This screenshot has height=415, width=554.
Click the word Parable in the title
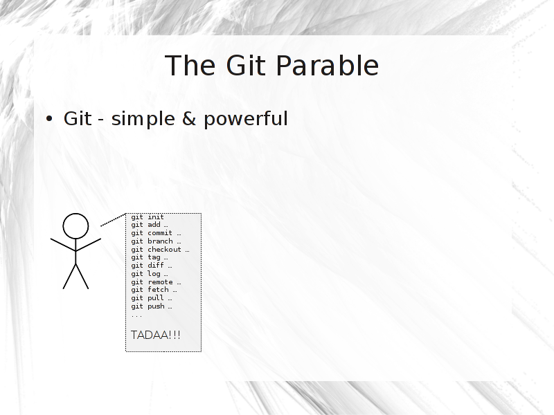(327, 66)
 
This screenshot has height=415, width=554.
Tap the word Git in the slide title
(246, 66)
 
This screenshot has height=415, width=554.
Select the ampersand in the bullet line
(189, 118)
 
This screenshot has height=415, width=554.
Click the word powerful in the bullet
(246, 119)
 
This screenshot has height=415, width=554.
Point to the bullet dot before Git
(49, 119)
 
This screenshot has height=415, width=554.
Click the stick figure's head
(75, 226)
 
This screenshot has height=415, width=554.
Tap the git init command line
(148, 216)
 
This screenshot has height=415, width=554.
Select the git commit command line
(156, 233)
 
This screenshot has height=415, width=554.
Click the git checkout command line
(160, 250)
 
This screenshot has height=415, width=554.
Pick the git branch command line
(156, 241)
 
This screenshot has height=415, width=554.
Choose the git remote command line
(156, 282)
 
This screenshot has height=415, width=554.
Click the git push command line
(152, 306)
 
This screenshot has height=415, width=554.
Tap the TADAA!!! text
(155, 335)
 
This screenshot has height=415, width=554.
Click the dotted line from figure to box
(114, 219)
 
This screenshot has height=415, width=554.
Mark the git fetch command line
(154, 290)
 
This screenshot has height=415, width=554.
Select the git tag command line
(150, 257)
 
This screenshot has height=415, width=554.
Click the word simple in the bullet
(143, 119)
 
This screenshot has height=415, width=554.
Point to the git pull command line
(152, 298)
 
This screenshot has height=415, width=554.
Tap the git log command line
(150, 274)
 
